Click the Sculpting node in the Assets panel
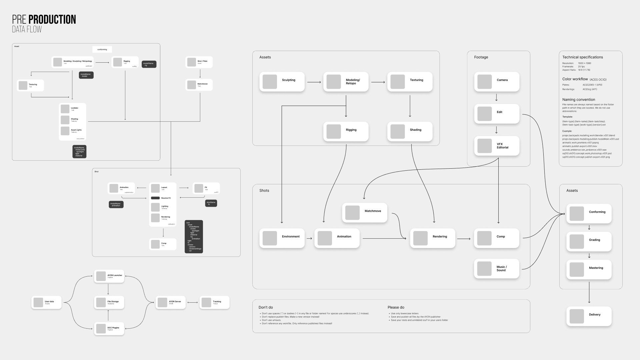pos(282,82)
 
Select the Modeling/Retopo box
pos(346,82)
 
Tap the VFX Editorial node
pos(497,146)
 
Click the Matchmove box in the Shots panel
pos(365,213)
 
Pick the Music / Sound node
pos(497,269)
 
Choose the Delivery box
pos(589,316)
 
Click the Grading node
pos(589,242)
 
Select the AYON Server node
pos(170,302)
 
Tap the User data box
pos(46,302)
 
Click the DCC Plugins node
pos(109,329)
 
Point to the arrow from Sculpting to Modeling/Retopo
pos(314,82)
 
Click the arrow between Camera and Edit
pos(497,98)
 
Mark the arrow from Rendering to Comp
pos(464,239)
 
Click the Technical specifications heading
pos(583,57)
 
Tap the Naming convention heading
pos(579,100)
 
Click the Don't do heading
pos(266,307)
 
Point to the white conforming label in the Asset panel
pos(102,50)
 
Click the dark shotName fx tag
pos(211,203)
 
